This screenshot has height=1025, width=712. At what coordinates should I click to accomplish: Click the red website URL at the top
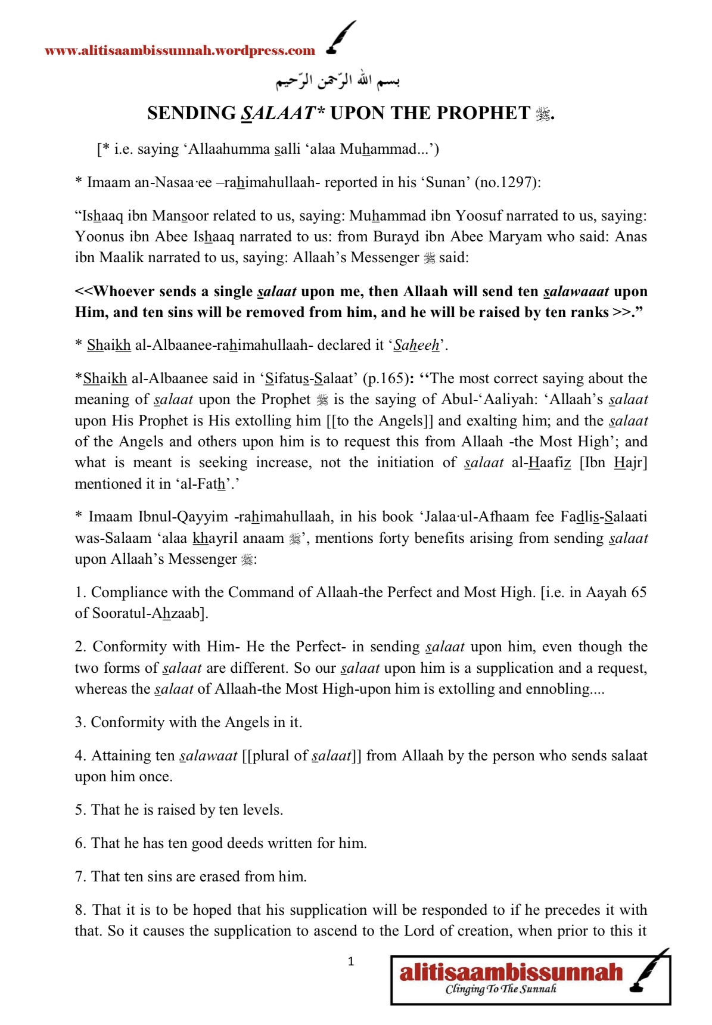(180, 51)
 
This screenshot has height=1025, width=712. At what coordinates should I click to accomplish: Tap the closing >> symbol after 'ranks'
(621, 312)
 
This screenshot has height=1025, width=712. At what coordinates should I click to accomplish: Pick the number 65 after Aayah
(638, 592)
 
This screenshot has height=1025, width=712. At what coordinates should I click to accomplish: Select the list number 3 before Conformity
(80, 722)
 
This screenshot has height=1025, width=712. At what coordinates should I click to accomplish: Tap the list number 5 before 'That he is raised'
(80, 810)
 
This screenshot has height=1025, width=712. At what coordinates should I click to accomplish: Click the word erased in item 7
(219, 877)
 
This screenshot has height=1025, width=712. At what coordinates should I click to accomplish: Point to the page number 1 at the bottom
(351, 961)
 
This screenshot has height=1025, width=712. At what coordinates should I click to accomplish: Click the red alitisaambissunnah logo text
(511, 973)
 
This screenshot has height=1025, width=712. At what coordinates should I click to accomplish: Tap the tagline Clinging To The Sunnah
(501, 989)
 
